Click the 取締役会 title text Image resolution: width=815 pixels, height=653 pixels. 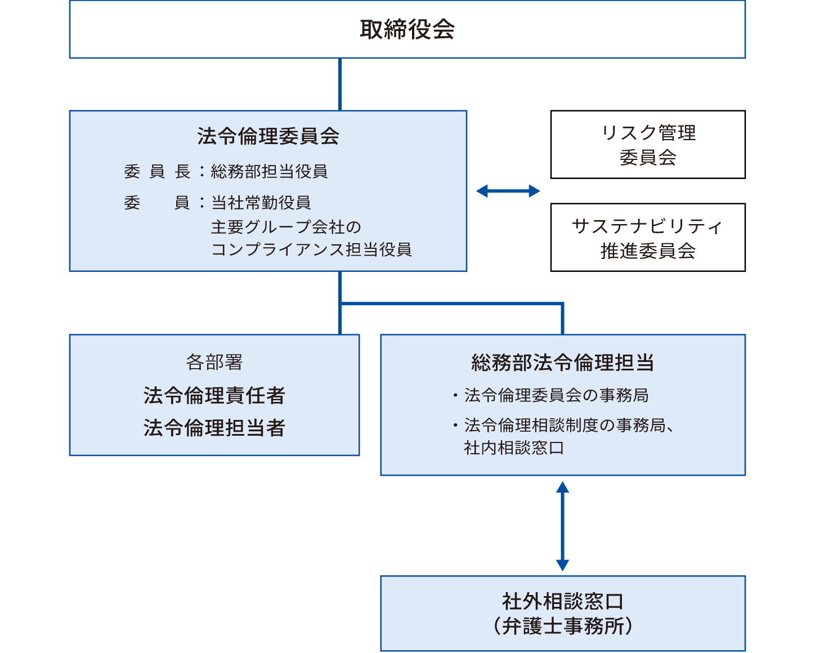coord(407,29)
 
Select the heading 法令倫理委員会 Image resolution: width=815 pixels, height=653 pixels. coord(268,136)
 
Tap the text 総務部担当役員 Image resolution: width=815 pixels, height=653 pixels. coord(269,171)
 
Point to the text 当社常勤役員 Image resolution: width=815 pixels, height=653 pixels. coord(261,202)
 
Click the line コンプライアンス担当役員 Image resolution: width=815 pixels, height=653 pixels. coord(311,249)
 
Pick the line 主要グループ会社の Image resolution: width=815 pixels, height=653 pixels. coord(286,227)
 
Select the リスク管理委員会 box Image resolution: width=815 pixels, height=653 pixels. coord(648,145)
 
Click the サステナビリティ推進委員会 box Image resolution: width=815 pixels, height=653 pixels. coord(648,238)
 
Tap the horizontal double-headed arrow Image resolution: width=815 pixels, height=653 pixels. coord(508,191)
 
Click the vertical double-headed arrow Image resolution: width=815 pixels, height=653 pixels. coord(562,526)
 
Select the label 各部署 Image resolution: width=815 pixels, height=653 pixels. coord(214,362)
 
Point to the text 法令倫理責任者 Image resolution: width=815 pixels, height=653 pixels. coord(214,395)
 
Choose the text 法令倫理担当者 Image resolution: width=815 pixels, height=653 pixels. coord(214,428)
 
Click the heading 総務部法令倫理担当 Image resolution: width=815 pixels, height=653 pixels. coord(562,363)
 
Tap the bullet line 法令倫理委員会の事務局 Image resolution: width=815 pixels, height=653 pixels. coord(556,395)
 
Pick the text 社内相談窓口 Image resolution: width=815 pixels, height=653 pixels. coord(513,448)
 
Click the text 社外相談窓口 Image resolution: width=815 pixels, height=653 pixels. coord(562,601)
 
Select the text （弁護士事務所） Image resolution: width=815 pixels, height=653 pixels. coord(562,626)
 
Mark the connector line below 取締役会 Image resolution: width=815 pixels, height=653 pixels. coord(340,84)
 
